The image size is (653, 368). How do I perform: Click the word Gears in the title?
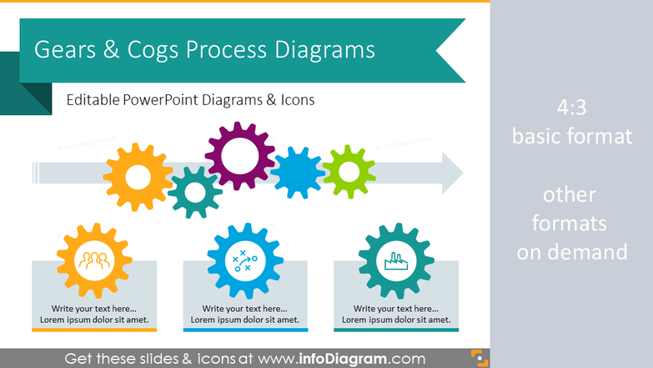(65, 49)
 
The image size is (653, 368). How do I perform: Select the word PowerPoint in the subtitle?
(161, 100)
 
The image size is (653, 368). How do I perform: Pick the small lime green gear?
(349, 171)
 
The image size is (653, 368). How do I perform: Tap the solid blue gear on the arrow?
(298, 172)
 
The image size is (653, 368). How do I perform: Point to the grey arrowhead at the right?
(453, 173)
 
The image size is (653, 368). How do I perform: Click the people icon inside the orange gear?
(94, 260)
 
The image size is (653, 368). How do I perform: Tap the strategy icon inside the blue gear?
(245, 261)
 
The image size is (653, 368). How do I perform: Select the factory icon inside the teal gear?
(396, 261)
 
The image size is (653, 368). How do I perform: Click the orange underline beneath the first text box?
(94, 330)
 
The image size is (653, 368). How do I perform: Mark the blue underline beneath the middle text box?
(245, 330)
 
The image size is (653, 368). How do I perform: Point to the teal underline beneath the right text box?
(396, 330)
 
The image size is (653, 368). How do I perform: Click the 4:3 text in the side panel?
(571, 108)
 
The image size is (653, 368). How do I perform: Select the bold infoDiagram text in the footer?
(343, 359)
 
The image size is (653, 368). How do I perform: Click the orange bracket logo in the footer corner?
(480, 359)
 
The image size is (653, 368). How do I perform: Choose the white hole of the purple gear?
(240, 155)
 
